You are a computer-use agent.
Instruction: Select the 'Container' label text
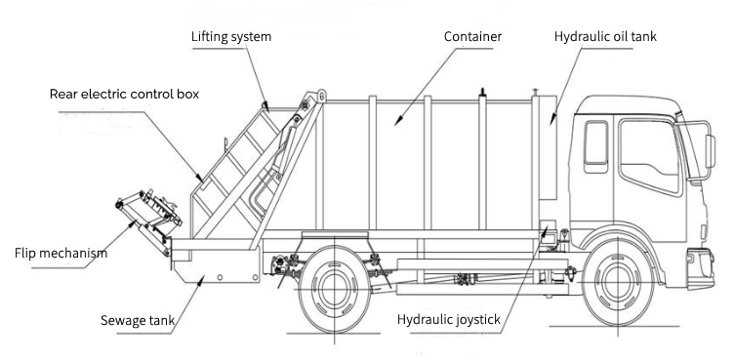point(472,36)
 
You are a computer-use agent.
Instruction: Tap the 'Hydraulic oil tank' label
point(605,36)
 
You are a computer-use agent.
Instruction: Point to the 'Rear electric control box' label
point(124,94)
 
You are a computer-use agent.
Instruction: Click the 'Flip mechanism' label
point(61,253)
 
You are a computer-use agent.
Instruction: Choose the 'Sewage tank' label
point(138,320)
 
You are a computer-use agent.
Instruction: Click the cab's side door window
point(648,155)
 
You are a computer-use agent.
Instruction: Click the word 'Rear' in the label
point(65,94)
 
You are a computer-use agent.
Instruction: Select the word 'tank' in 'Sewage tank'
point(159,320)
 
